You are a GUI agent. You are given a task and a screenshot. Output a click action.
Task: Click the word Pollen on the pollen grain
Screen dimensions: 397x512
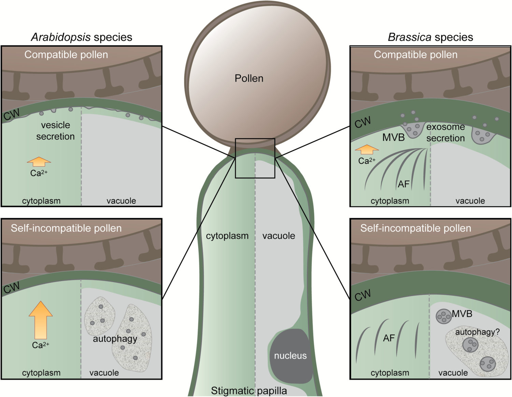[x=249, y=78]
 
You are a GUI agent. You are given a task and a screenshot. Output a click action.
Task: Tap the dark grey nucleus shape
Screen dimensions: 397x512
[x=291, y=356]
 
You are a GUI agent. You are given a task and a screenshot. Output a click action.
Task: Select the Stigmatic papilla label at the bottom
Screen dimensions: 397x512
[x=249, y=391]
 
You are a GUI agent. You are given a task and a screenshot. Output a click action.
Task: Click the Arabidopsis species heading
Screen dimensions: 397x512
[x=82, y=37]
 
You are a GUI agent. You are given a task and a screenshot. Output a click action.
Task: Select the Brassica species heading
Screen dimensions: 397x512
[x=430, y=37]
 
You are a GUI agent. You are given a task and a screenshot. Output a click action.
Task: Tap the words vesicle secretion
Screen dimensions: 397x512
[x=55, y=131]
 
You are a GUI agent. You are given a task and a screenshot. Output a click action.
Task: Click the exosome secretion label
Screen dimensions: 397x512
[x=445, y=132]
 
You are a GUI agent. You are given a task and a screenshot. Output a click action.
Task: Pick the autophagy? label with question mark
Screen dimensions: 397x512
[x=477, y=332]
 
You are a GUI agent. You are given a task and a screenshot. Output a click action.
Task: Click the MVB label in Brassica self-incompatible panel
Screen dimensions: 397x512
[x=462, y=313]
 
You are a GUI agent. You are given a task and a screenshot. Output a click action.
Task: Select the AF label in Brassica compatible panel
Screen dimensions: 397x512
[x=403, y=184]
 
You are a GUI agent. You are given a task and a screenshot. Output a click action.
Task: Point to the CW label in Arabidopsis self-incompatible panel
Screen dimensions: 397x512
[x=12, y=288]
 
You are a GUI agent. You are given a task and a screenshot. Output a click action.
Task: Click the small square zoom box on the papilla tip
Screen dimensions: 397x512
[x=255, y=158]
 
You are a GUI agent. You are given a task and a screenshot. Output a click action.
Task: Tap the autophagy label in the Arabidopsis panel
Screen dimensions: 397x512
[x=115, y=339]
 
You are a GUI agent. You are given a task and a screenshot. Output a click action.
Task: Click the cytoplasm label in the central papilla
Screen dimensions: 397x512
[x=227, y=236]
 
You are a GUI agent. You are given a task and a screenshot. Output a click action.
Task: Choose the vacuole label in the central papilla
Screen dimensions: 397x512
[x=279, y=236]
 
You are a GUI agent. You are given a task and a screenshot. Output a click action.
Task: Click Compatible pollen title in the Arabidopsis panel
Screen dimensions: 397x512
[x=66, y=55]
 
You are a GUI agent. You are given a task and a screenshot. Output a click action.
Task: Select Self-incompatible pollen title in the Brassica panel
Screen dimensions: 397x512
[x=415, y=228]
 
